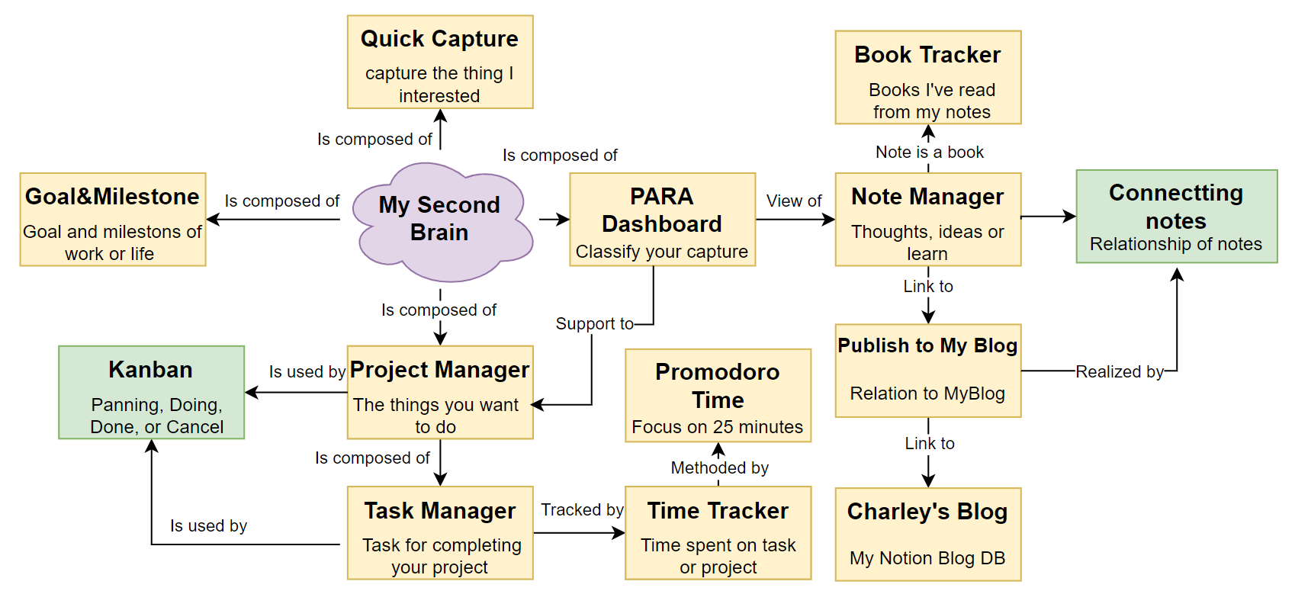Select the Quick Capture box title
pos(439,39)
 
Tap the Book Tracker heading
pos(927,55)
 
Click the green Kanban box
pos(151,393)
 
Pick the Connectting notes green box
pos(1176,217)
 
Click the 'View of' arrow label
pos(794,201)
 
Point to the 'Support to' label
pos(594,324)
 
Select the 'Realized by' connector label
pos(1120,372)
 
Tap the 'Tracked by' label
pos(582,510)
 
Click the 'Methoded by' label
pos(719,468)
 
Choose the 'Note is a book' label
pos(929,153)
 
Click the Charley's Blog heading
pos(927,512)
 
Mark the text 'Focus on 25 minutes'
pos(717,427)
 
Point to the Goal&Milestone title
pos(113,197)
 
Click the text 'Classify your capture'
pos(662,252)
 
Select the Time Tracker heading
pos(718,511)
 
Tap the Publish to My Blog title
pos(927,346)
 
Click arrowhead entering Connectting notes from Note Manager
pos(1071,217)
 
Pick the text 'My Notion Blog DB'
pos(927,558)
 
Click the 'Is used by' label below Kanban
pos(208,526)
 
